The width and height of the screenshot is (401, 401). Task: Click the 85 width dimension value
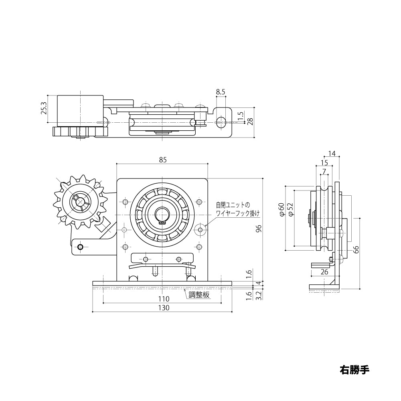point(162,160)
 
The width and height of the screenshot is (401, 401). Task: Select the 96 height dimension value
point(259,229)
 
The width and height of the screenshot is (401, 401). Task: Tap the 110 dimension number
point(164,299)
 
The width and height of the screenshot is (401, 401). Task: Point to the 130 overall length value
point(164,308)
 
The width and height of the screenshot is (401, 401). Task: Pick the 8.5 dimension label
point(221,92)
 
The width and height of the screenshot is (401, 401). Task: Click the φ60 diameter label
point(282,210)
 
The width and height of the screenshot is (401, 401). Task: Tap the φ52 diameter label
point(290,210)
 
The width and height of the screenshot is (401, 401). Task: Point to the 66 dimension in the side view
point(355,249)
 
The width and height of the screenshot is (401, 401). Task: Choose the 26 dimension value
point(325,272)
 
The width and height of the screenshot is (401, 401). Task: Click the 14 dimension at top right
point(331,153)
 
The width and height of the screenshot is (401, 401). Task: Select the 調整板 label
point(199,295)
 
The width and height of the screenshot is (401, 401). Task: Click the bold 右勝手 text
point(354,369)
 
